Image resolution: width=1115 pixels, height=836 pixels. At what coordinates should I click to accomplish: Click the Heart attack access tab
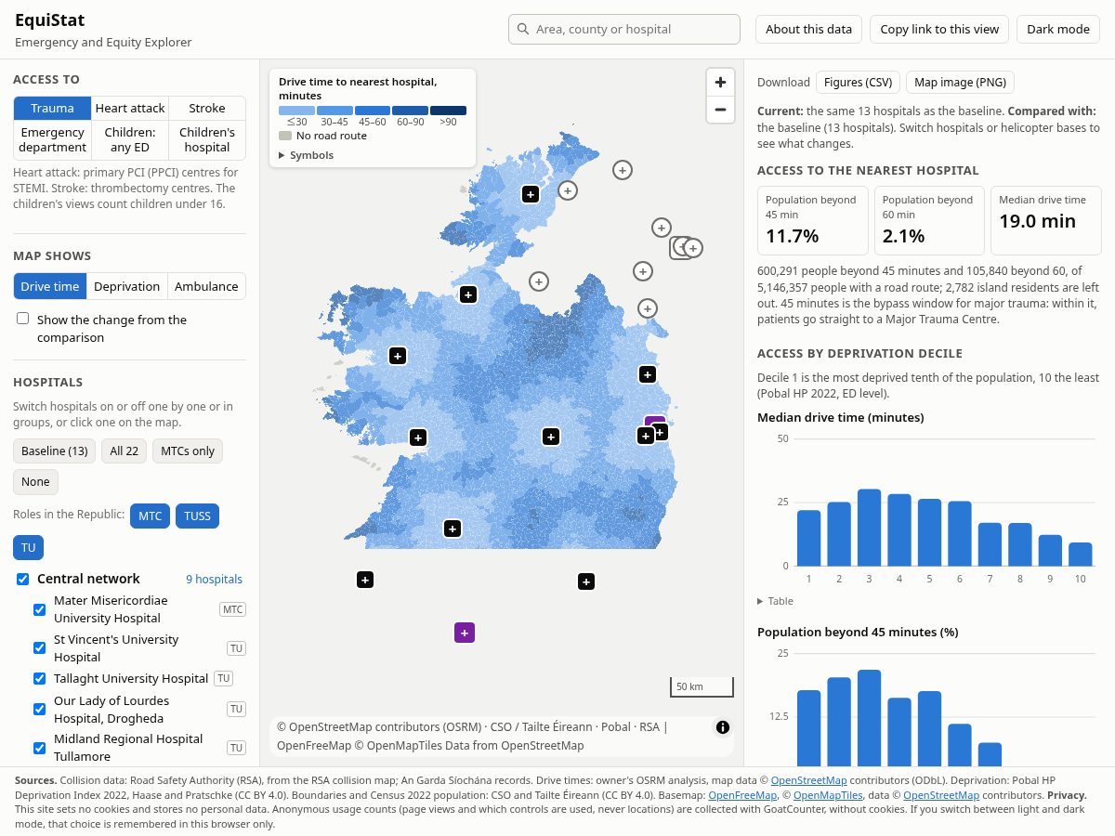tap(130, 108)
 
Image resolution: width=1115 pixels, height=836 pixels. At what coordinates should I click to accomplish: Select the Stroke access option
tap(207, 108)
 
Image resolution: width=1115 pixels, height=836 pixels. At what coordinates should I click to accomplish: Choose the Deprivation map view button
tap(126, 286)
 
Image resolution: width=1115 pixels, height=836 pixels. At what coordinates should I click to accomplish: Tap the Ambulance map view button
tap(206, 286)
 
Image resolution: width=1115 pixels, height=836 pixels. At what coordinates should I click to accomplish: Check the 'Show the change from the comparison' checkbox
tap(23, 319)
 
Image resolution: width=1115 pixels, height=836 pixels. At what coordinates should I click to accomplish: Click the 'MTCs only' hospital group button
tap(188, 451)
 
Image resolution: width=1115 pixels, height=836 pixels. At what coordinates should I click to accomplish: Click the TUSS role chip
tap(197, 516)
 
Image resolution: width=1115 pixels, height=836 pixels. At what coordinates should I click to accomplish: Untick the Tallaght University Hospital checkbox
tap(40, 679)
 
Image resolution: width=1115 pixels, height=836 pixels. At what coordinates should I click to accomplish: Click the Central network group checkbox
tap(23, 579)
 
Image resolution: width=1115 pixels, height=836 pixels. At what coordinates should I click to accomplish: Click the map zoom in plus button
tap(720, 83)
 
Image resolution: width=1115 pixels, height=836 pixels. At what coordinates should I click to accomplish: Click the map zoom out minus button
tap(720, 110)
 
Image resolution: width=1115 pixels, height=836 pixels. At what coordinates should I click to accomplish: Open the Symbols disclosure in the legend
tap(307, 155)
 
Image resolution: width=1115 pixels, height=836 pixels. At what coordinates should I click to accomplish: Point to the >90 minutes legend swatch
tap(448, 111)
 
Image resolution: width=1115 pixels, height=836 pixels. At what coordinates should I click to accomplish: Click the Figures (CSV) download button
tap(858, 83)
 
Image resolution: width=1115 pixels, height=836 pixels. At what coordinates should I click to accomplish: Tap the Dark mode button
tap(1058, 30)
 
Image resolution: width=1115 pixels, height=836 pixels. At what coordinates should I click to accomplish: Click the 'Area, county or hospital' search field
tap(624, 30)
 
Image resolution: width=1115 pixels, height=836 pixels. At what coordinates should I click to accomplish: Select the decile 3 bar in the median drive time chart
tap(869, 528)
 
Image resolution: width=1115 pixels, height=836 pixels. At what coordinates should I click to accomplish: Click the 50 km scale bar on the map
tap(702, 687)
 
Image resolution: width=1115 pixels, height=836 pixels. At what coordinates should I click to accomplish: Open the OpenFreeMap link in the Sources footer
tap(742, 795)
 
